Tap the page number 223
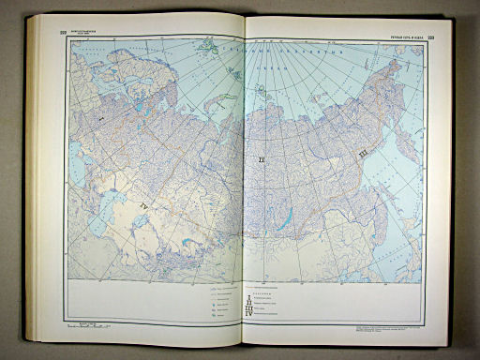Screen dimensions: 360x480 (x=443, y=37)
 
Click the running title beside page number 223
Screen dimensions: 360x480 (x=407, y=37)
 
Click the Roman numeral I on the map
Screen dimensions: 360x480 (x=101, y=121)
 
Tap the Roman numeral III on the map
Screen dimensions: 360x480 (x=362, y=149)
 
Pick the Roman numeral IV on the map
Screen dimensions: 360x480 (x=143, y=202)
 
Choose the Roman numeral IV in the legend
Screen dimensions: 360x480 (x=249, y=312)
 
